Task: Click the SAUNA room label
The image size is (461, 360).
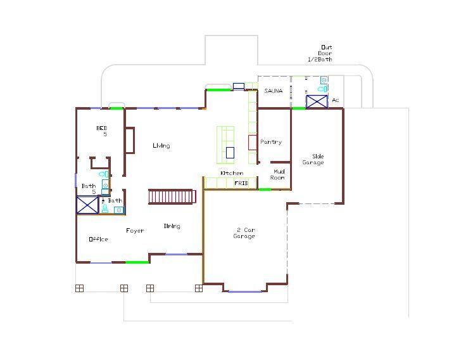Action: pyautogui.click(x=273, y=91)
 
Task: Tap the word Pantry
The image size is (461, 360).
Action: pyautogui.click(x=271, y=142)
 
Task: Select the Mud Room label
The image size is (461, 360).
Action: pyautogui.click(x=279, y=174)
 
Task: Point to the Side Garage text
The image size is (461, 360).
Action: pyautogui.click(x=313, y=159)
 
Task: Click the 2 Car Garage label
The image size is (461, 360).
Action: pyautogui.click(x=244, y=233)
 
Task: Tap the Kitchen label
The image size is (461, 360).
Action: pyautogui.click(x=231, y=173)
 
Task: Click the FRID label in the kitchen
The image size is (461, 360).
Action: pyautogui.click(x=241, y=183)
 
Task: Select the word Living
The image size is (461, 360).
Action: pyautogui.click(x=161, y=146)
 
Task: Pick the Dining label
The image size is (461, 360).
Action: pyautogui.click(x=172, y=226)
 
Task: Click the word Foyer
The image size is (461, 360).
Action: pyautogui.click(x=134, y=231)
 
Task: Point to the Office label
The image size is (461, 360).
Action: pyautogui.click(x=98, y=240)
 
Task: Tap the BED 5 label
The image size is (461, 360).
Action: pyautogui.click(x=102, y=131)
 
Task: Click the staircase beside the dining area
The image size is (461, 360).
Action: pyautogui.click(x=170, y=196)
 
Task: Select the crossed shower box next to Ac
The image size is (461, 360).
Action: pyautogui.click(x=317, y=101)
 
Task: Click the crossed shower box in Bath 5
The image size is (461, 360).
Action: pyautogui.click(x=87, y=205)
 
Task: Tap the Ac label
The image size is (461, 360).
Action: pyautogui.click(x=336, y=100)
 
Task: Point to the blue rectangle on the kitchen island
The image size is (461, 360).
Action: pyautogui.click(x=230, y=152)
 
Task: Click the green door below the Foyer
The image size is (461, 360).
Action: pyautogui.click(x=137, y=262)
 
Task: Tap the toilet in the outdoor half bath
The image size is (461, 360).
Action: pyautogui.click(x=324, y=89)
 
